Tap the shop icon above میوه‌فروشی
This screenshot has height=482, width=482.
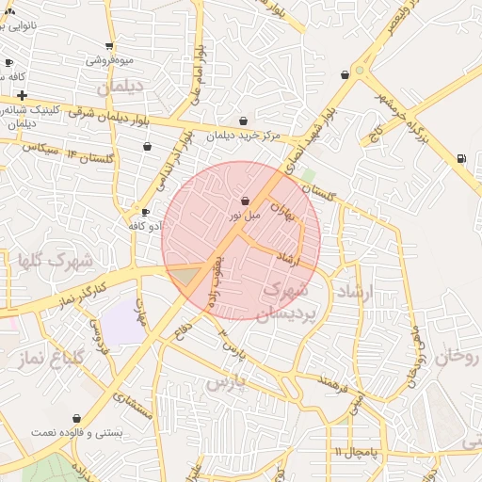coord(109,46)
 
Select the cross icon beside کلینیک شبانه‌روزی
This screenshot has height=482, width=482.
coord(22,95)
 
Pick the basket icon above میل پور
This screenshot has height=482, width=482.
coord(246,201)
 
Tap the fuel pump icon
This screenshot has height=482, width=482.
coord(459,158)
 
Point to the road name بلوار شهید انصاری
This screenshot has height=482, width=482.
coord(303,141)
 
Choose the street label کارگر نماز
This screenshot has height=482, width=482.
coord(73,287)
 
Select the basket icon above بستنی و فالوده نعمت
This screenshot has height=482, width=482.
coord(76,418)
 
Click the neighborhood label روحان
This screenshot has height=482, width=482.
coord(458,357)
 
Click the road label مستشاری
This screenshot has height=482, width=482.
coord(133,402)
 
